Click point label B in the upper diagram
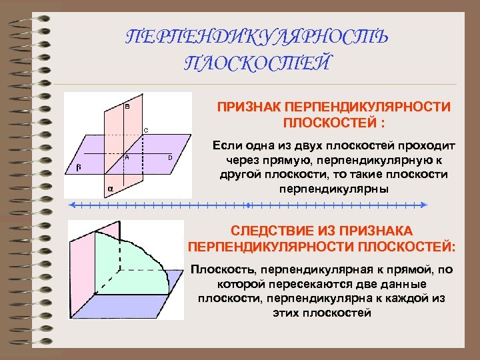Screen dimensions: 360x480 [x=127, y=107]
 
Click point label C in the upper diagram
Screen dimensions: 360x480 [x=146, y=129]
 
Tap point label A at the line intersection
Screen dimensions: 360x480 [x=127, y=157]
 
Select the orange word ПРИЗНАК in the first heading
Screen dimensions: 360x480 [x=248, y=107]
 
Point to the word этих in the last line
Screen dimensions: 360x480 [x=287, y=313]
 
